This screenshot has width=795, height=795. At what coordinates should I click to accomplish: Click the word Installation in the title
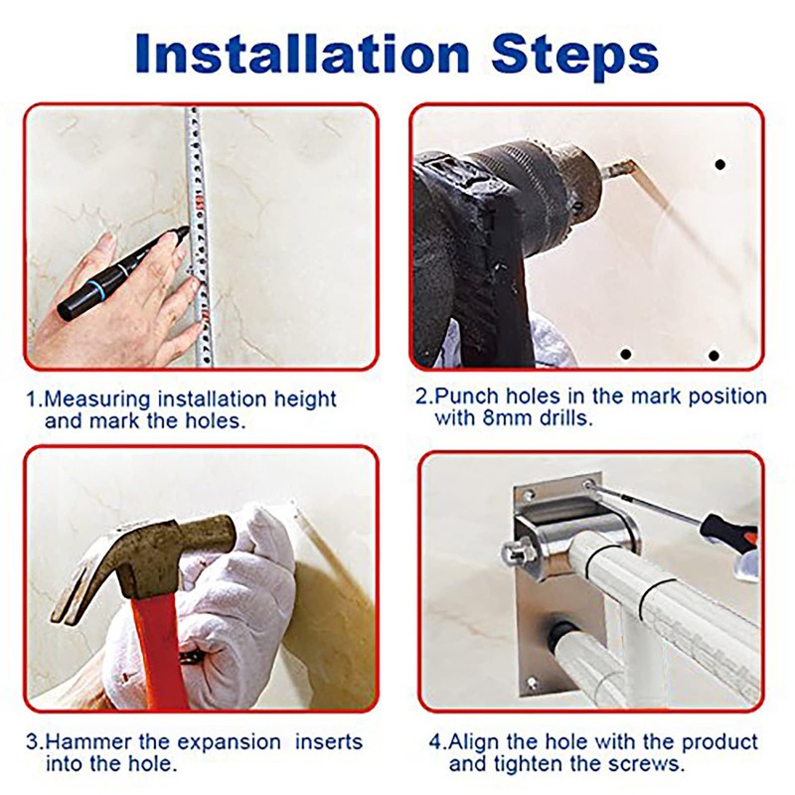click(303, 54)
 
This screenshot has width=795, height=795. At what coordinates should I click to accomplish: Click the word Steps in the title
click(575, 56)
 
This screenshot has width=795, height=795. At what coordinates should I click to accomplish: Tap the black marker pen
click(122, 274)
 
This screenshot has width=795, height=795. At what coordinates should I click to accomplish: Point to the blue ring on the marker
click(93, 290)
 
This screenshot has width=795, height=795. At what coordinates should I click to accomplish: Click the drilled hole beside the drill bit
click(719, 165)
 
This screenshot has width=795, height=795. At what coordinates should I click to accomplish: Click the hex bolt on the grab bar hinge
click(516, 553)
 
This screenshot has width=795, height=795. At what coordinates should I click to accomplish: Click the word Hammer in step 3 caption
click(89, 741)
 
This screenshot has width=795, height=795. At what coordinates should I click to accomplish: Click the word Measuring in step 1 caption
click(97, 400)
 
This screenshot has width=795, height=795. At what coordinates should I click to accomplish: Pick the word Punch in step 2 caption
click(460, 396)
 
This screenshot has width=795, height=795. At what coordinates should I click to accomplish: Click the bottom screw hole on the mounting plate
click(532, 683)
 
